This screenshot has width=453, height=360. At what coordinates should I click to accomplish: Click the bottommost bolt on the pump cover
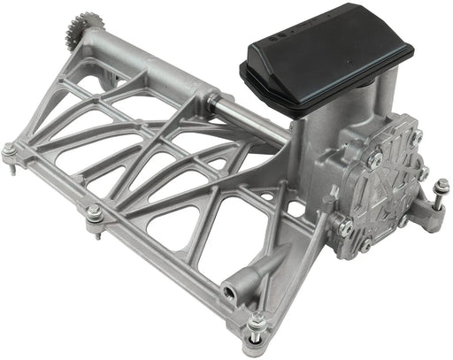coord(364,245)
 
